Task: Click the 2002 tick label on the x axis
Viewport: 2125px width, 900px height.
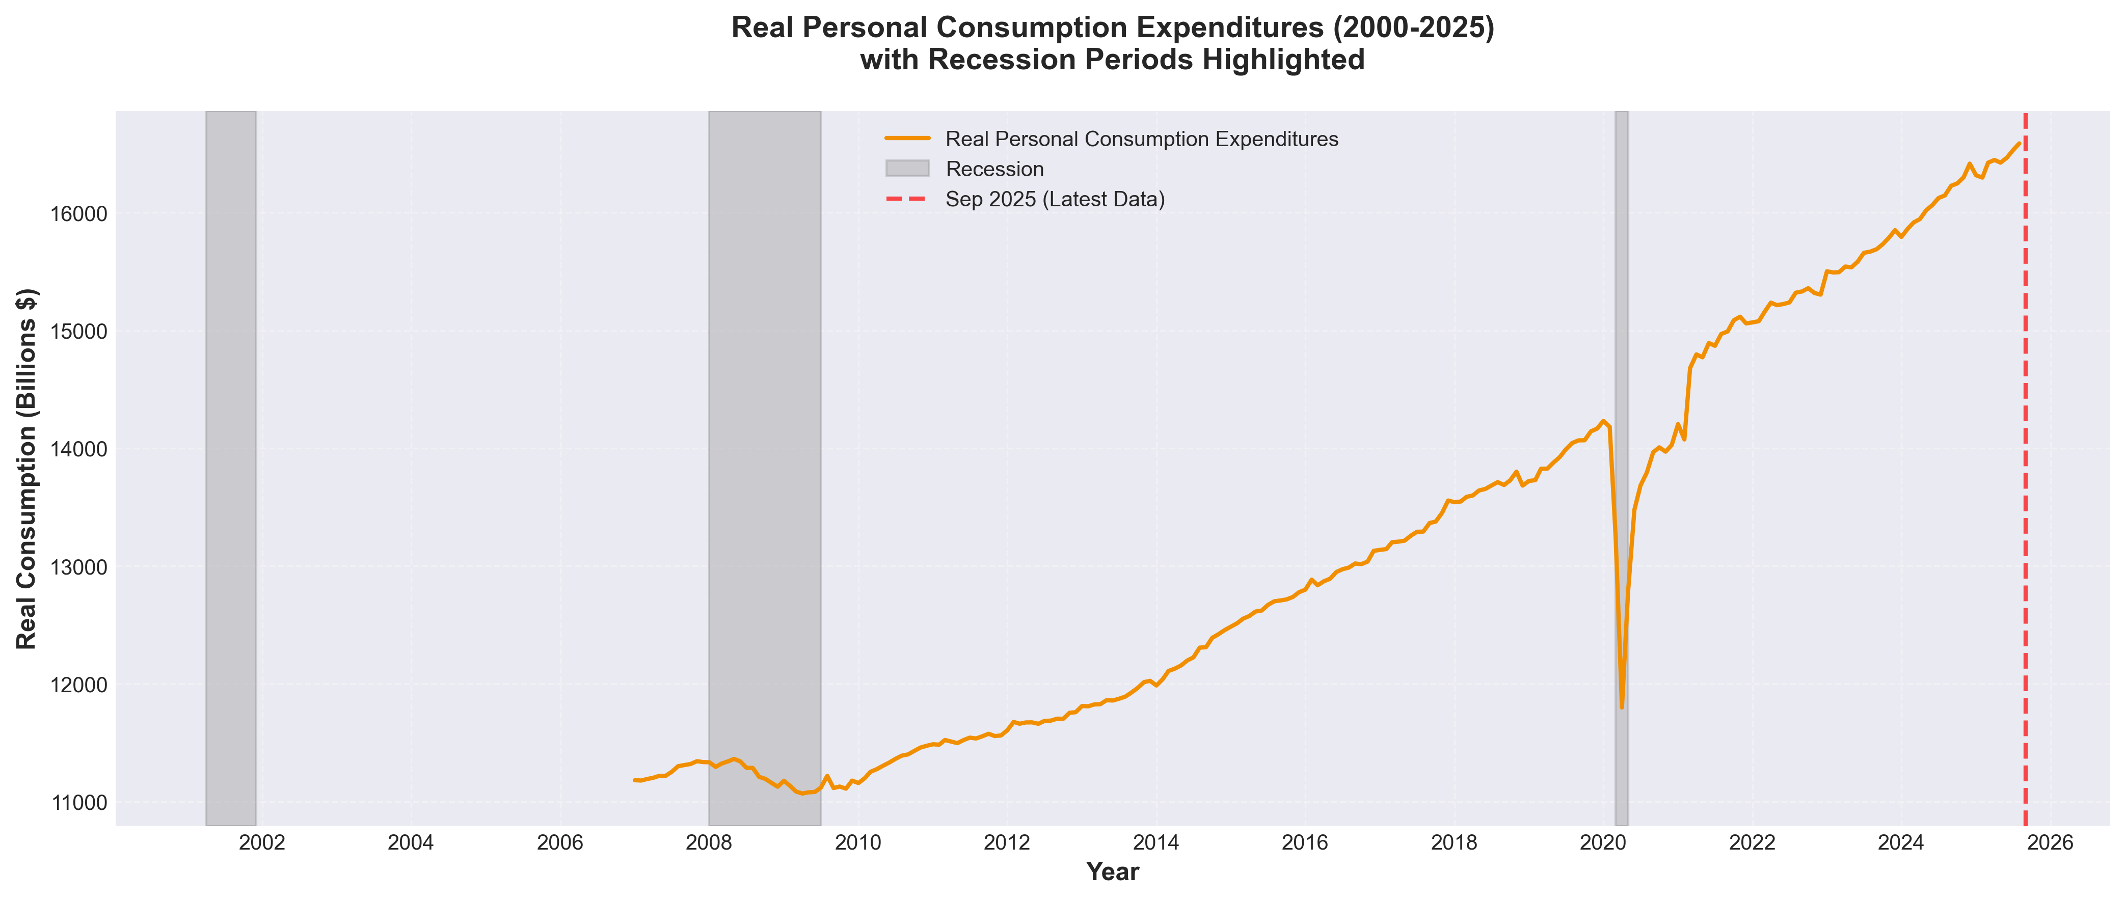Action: pyautogui.click(x=262, y=843)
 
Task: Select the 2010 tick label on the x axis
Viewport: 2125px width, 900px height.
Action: pyautogui.click(x=858, y=843)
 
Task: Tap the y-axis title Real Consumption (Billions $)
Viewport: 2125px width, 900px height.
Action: pyautogui.click(x=26, y=469)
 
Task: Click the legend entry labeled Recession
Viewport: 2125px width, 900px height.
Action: pyautogui.click(x=994, y=169)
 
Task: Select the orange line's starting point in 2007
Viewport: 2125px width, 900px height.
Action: pyautogui.click(x=634, y=780)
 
